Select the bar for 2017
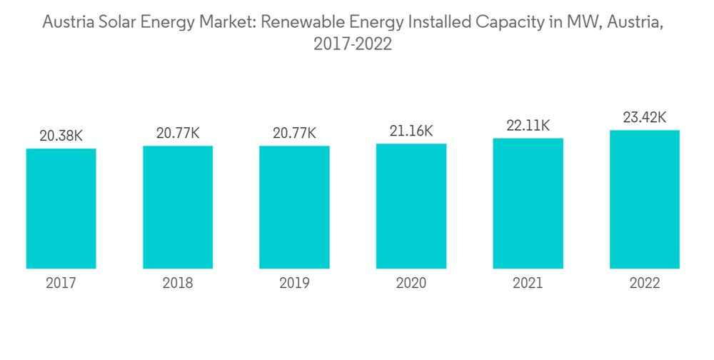pos(61,209)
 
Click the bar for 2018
pos(178,207)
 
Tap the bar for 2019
pos(294,207)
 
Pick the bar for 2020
pos(411,206)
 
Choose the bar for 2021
pos(528,204)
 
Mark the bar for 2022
pos(645,199)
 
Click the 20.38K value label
pos(61,136)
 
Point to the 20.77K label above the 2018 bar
pos(178,133)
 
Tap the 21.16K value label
pos(411,131)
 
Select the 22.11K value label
pos(528,125)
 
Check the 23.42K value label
pos(645,117)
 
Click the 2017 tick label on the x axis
pos(61,284)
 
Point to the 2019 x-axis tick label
pos(294,284)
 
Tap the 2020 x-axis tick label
pos(411,284)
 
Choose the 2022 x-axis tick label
pos(645,284)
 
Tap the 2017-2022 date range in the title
pos(353,44)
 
